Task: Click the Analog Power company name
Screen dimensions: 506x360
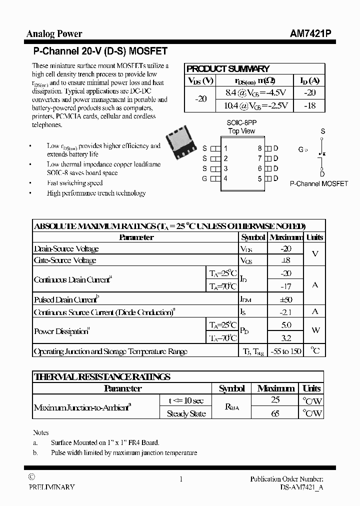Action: (54, 33)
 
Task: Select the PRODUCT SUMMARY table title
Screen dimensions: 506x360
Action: (227, 69)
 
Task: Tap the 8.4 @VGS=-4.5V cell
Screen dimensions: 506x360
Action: (255, 92)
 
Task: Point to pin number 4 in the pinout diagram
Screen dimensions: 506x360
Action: (226, 178)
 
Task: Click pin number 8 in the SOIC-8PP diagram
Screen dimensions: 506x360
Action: (259, 148)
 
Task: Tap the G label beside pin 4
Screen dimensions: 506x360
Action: (204, 178)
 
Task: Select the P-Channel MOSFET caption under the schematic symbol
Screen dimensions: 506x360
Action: (318, 184)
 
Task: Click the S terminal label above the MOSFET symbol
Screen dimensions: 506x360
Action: (322, 131)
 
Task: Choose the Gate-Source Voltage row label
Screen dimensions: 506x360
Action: (65, 260)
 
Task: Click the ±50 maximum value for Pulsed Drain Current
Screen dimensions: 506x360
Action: (286, 299)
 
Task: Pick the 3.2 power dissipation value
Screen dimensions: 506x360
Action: (286, 337)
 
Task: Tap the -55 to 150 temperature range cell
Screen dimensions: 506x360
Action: (286, 351)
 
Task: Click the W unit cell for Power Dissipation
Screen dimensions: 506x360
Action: (315, 331)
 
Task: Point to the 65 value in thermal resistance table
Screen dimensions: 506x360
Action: (275, 413)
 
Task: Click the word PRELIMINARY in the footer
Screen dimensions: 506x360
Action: (51, 487)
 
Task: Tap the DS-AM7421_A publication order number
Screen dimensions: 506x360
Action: (301, 487)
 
